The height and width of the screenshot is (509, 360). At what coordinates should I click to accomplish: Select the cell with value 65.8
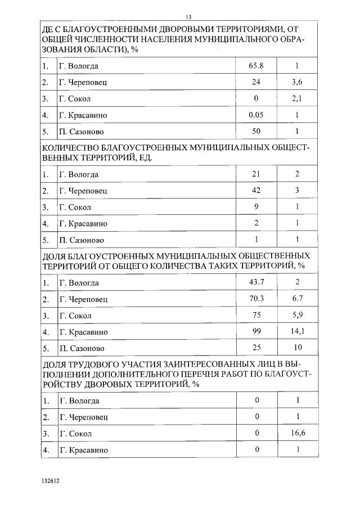(256, 66)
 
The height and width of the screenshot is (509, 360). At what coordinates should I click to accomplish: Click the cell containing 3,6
(298, 82)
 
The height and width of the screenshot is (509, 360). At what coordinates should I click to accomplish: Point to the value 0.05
(256, 115)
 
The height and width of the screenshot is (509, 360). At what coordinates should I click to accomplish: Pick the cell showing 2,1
(298, 98)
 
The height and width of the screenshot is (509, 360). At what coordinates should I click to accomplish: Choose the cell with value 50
(256, 131)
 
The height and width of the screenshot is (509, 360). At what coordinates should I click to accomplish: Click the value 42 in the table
(256, 190)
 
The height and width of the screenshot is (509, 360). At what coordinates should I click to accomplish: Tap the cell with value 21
(256, 174)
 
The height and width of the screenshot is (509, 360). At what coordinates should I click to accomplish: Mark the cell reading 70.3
(256, 299)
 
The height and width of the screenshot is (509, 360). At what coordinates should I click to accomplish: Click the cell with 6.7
(298, 299)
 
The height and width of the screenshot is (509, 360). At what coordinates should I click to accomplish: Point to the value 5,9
(298, 315)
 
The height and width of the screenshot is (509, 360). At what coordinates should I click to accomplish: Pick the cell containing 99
(256, 331)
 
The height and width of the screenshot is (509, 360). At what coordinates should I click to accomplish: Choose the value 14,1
(298, 331)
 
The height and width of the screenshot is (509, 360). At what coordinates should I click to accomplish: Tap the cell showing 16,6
(298, 433)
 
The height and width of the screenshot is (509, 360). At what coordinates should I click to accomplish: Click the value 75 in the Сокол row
(256, 315)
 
